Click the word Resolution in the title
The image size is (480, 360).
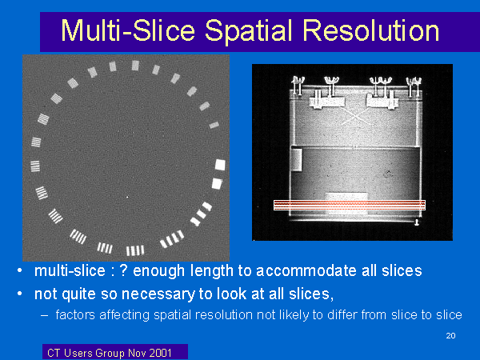pyautogui.click(x=371, y=30)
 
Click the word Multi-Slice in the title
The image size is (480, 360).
pyautogui.click(x=128, y=30)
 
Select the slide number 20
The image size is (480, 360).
pyautogui.click(x=450, y=335)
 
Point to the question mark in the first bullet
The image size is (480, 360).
pyautogui.click(x=122, y=270)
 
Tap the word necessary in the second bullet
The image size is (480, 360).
pyautogui.click(x=158, y=294)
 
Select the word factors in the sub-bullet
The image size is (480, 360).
pyautogui.click(x=75, y=314)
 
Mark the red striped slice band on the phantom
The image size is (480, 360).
pyautogui.click(x=350, y=205)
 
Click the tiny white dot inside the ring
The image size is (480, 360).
pyautogui.click(x=127, y=197)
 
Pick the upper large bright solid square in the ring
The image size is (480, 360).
pyautogui.click(x=220, y=165)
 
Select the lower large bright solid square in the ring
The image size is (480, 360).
pyautogui.click(x=217, y=184)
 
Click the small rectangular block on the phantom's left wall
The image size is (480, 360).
pyautogui.click(x=296, y=159)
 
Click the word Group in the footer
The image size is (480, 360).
pyautogui.click(x=110, y=354)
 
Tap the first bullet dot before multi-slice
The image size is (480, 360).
pyautogui.click(x=19, y=271)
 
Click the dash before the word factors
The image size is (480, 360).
pyautogui.click(x=44, y=315)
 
